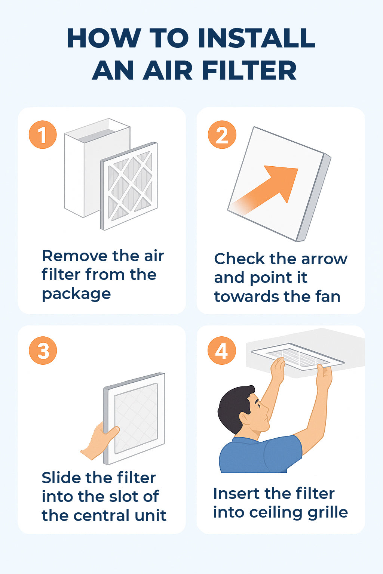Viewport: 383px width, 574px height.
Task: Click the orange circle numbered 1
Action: point(43,135)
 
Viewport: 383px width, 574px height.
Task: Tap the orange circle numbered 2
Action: point(222,135)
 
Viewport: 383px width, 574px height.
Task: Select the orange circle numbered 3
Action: point(43,350)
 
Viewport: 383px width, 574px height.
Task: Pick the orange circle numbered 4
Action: point(222,350)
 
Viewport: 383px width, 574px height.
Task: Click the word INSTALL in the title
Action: point(256,38)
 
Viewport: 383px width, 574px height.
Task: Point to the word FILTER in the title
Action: point(249,70)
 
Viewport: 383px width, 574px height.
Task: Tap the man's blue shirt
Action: point(259,454)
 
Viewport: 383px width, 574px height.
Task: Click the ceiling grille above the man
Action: point(298,356)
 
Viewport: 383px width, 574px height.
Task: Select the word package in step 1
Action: point(76,294)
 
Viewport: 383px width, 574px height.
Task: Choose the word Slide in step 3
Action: point(61,478)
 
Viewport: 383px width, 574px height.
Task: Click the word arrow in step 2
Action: point(324,259)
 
